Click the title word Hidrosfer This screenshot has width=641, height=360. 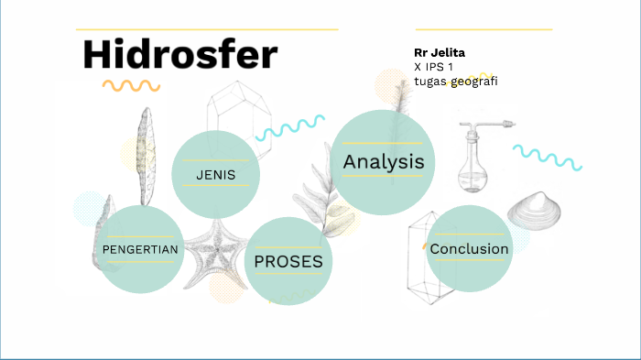[180, 54]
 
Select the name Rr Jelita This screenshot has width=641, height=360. [440, 53]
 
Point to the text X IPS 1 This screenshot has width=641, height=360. [433, 67]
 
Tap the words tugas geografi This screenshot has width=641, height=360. [456, 82]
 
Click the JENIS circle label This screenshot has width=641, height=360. [216, 175]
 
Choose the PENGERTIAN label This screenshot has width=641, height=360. [140, 249]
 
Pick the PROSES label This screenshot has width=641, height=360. [288, 261]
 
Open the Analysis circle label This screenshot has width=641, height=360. [384, 161]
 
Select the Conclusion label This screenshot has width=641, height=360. [469, 249]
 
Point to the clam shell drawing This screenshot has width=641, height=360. [534, 211]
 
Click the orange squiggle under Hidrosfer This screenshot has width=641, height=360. [131, 85]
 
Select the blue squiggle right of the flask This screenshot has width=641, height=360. [548, 158]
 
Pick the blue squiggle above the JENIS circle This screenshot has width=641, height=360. [290, 128]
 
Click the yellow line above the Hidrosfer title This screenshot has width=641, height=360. [207, 29]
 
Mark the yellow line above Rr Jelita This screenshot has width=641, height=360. [483, 29]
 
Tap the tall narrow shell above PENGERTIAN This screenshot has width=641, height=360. [146, 157]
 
